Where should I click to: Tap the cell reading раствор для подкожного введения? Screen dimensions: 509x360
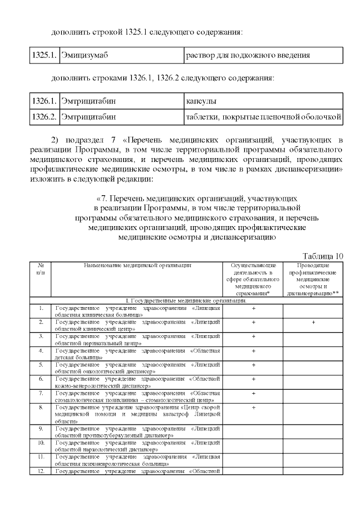pyautogui.click(x=247, y=56)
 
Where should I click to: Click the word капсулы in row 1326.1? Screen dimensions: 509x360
pyautogui.click(x=201, y=102)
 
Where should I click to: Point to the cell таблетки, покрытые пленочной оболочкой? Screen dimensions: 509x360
pyautogui.click(x=263, y=117)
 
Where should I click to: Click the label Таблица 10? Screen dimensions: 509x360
pyautogui.click(x=323, y=256)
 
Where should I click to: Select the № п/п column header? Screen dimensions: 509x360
pyautogui.click(x=40, y=268)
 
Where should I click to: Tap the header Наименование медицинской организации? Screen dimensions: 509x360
pyautogui.click(x=138, y=264)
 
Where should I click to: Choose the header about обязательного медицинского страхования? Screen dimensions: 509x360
pyautogui.click(x=253, y=278)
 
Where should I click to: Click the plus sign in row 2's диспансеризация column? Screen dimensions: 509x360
pyautogui.click(x=313, y=322)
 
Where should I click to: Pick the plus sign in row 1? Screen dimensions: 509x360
pyautogui.click(x=254, y=308)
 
